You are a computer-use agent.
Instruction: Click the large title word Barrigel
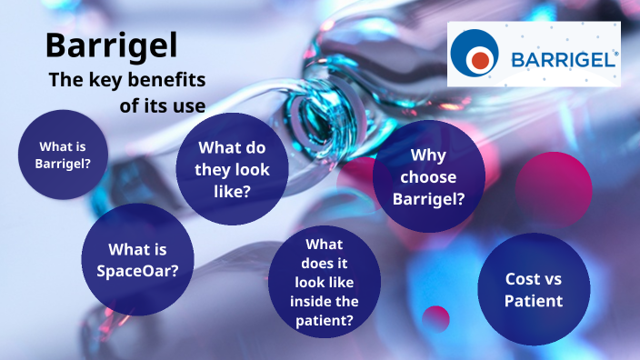(x=111, y=45)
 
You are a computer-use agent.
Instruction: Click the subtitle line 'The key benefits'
(x=126, y=80)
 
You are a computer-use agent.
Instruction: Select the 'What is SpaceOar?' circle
(x=137, y=259)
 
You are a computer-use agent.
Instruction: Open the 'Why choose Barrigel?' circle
(x=429, y=176)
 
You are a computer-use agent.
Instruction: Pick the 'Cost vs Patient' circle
(x=534, y=289)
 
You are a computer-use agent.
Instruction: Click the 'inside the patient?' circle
(x=325, y=283)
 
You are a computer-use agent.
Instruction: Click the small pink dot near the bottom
(x=436, y=318)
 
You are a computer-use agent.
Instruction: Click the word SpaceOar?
(x=137, y=270)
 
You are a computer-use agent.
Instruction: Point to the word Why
(x=428, y=155)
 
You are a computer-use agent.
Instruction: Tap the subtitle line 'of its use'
(x=162, y=105)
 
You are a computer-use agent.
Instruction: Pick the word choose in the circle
(x=428, y=176)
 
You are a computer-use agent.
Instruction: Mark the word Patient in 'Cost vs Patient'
(x=534, y=301)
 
